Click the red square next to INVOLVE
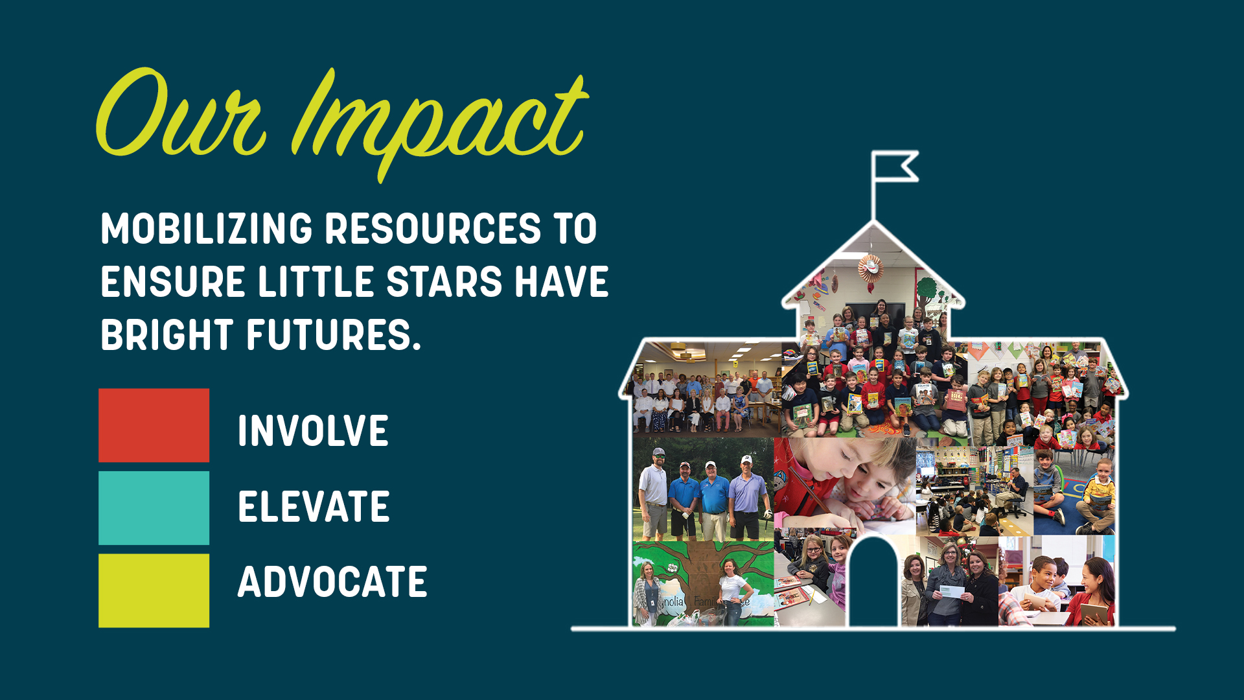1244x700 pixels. (x=154, y=425)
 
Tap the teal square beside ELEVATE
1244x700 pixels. (x=154, y=507)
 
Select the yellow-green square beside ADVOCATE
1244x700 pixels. (x=154, y=590)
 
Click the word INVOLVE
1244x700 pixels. (x=313, y=431)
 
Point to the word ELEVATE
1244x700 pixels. (x=314, y=506)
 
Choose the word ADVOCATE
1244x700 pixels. (x=332, y=581)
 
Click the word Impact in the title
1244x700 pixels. (x=441, y=123)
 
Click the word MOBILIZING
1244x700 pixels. (x=207, y=229)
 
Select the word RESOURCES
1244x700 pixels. (x=433, y=229)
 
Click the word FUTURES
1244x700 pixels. (x=334, y=335)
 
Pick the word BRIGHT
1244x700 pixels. (x=167, y=335)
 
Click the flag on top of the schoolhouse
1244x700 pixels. (x=895, y=167)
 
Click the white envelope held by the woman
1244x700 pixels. (x=952, y=591)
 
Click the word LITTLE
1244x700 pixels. (x=316, y=282)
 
